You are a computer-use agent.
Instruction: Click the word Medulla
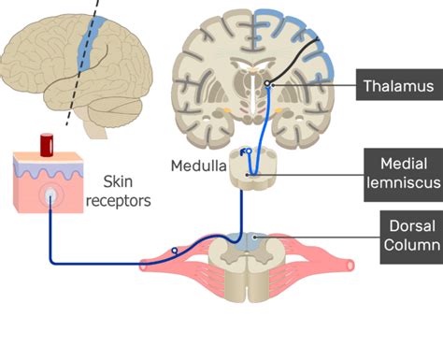[197, 166]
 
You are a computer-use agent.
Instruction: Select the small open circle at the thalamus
[267, 85]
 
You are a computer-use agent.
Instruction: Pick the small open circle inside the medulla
[248, 150]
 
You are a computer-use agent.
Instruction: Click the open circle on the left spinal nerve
[174, 251]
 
